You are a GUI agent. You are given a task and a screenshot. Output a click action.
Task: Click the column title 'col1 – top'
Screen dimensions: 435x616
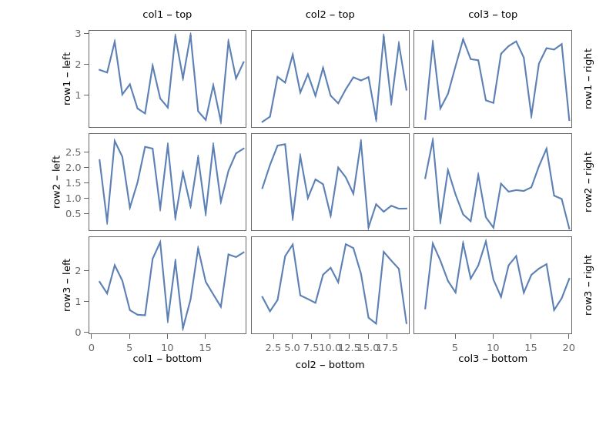[167, 15]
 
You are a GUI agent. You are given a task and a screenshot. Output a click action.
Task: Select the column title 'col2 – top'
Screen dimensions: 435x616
[330, 15]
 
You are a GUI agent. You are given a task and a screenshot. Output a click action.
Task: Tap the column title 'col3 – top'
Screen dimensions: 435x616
[493, 15]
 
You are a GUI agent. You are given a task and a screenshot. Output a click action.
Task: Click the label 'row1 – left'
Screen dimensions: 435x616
[68, 79]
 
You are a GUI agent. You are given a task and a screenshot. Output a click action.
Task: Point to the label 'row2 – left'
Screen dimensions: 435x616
[57, 182]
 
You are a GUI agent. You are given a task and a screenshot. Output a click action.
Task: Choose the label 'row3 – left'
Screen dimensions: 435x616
[68, 285]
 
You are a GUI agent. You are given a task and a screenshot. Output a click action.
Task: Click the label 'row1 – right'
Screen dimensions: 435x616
[589, 79]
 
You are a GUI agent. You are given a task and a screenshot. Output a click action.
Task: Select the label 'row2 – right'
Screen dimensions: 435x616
[589, 182]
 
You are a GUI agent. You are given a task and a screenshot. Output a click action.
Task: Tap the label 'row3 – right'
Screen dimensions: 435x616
[589, 285]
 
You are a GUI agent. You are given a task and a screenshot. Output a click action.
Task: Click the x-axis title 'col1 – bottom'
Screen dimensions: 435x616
[167, 358]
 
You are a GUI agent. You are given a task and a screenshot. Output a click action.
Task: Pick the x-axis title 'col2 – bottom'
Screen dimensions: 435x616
[330, 365]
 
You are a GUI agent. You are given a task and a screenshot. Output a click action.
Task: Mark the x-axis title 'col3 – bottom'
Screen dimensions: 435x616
[493, 358]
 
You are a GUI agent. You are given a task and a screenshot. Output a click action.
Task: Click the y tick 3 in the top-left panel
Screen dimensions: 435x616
[79, 34]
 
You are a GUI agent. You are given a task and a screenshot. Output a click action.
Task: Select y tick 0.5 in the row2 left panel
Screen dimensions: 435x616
[72, 213]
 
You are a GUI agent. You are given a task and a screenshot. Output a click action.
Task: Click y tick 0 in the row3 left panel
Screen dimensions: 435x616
[79, 332]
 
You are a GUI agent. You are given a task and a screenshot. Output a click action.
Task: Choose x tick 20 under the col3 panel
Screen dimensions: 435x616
[569, 347]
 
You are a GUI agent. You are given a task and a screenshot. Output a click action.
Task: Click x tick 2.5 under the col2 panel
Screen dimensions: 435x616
[273, 348]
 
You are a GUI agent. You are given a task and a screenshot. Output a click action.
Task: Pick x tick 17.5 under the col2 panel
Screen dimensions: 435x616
[387, 348]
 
